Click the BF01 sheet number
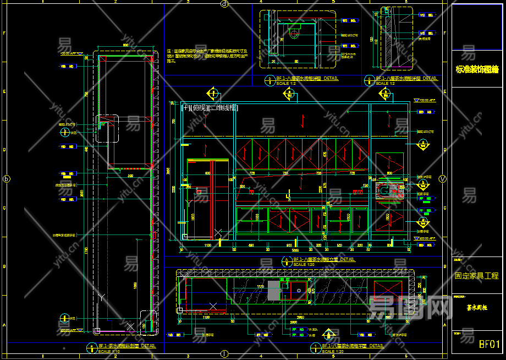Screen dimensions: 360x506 (490, 345)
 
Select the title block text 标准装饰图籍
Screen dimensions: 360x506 (477, 69)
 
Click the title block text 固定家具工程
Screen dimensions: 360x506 (476, 276)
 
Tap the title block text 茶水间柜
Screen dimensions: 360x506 (477, 308)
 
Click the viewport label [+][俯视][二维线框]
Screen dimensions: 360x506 (210, 108)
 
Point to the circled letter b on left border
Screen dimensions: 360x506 (7, 179)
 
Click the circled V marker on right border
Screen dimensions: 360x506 (443, 179)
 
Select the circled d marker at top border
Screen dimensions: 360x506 (224, 4)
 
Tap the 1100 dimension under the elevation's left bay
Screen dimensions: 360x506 (207, 245)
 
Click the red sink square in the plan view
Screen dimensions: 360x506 (299, 290)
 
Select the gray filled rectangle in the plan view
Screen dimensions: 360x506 (274, 291)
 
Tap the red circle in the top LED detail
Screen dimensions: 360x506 (293, 34)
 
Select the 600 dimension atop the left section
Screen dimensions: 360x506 (125, 45)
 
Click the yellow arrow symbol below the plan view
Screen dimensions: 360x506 (328, 334)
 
